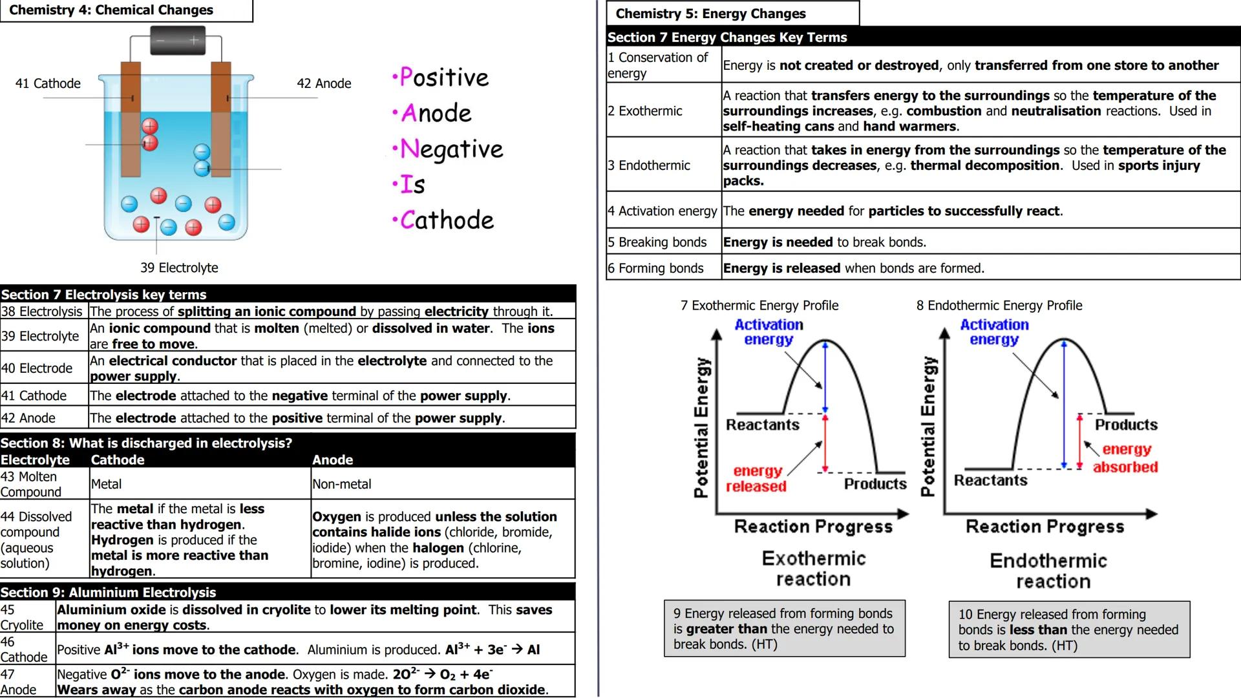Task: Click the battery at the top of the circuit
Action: point(178,40)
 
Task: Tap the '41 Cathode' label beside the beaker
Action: point(48,83)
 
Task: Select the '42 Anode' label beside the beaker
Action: point(324,83)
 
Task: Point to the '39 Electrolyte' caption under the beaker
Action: point(179,268)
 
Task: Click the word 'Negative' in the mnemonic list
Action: point(451,149)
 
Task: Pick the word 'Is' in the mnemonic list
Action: point(412,185)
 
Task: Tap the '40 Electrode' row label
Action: point(37,368)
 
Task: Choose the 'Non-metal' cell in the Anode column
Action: point(342,484)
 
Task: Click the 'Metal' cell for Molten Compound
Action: point(107,484)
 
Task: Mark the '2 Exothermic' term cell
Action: point(645,111)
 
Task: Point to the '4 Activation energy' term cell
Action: point(663,211)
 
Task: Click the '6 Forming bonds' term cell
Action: point(655,268)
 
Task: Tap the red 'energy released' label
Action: point(756,479)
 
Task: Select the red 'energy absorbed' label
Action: point(1126,458)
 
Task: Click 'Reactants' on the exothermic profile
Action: point(763,425)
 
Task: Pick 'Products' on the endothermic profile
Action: point(1126,425)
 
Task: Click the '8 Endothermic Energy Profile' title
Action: point(999,306)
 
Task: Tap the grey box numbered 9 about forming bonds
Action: point(784,629)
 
